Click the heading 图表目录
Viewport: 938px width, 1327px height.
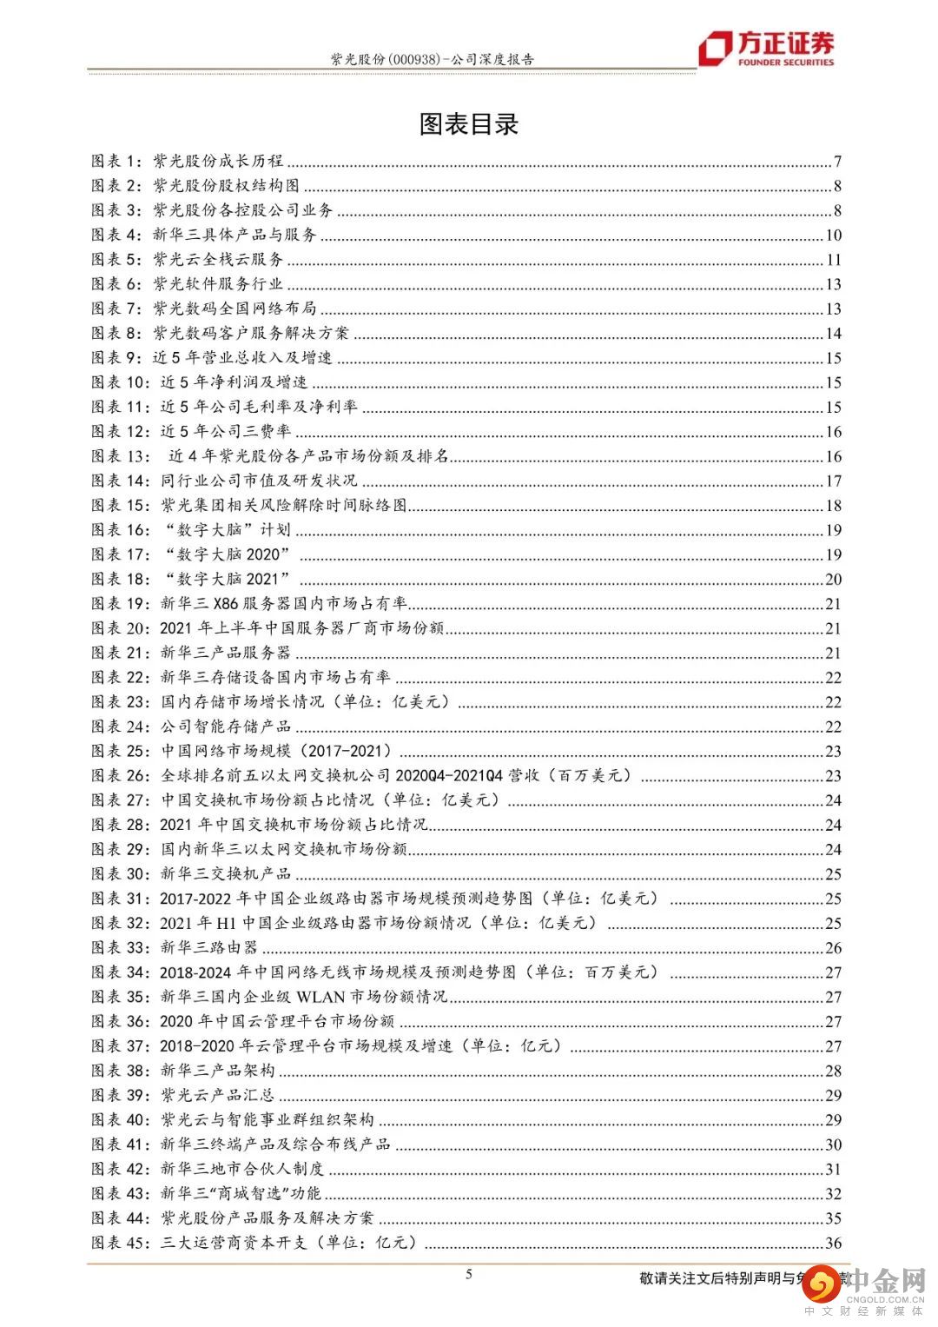coord(468,124)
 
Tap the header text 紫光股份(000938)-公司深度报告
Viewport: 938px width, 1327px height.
coord(432,60)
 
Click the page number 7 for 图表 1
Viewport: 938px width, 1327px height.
coord(837,162)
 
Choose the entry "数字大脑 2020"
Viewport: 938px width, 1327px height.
coord(225,554)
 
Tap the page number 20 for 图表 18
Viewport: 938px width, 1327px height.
coord(834,580)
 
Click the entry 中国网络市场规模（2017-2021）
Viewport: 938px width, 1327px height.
coord(276,751)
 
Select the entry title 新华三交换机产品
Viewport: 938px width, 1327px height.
coord(226,873)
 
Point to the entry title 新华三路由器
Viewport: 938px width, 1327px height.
coord(209,947)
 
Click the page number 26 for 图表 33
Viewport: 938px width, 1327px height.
coord(834,948)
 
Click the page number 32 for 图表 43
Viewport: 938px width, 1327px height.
coord(834,1194)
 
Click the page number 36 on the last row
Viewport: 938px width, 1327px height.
coord(834,1244)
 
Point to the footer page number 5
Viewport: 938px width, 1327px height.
coord(469,1275)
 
